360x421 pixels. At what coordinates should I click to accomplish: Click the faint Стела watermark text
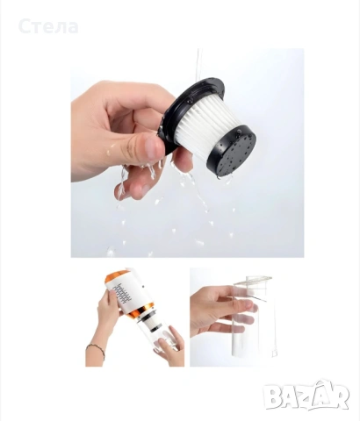tap(48, 26)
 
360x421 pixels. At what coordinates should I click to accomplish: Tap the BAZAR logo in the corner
tap(306, 395)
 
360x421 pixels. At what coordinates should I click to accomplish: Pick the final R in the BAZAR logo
tap(340, 396)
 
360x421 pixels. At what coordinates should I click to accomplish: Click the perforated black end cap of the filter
tap(234, 152)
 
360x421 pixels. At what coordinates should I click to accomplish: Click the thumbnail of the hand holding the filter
tap(187, 153)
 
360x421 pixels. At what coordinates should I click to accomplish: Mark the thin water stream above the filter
tap(199, 63)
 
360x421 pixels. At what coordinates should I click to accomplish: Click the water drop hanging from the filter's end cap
tap(218, 177)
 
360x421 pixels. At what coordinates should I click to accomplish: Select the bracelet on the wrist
tap(97, 350)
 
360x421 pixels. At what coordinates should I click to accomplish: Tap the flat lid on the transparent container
tap(253, 281)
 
